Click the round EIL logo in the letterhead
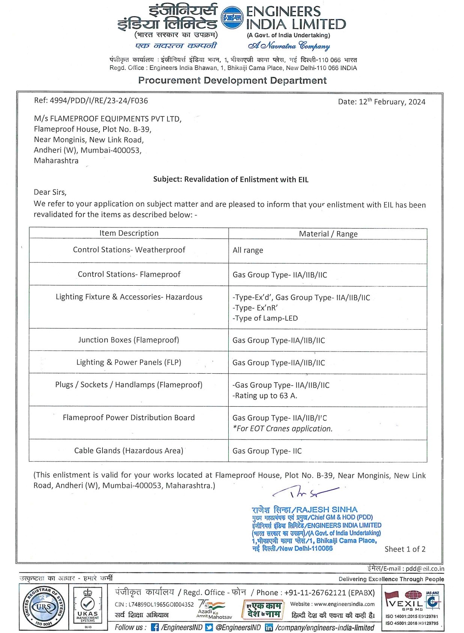coord(232,18)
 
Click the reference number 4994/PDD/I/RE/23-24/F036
coord(91,101)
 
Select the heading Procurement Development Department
coord(232,80)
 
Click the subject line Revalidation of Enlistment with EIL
coord(230,179)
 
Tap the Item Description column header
coord(129,233)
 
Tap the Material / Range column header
coord(328,234)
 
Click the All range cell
coord(248,250)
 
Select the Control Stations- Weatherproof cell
coord(129,250)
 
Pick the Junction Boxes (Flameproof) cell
coord(128,340)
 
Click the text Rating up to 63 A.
coord(265,395)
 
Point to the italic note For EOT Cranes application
coord(283,429)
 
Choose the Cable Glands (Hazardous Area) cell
coord(129,450)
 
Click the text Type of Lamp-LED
coord(265,318)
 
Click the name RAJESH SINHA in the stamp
coord(327,510)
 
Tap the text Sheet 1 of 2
coord(405,549)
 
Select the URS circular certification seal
coord(44,607)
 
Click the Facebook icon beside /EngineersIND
coord(155,627)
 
